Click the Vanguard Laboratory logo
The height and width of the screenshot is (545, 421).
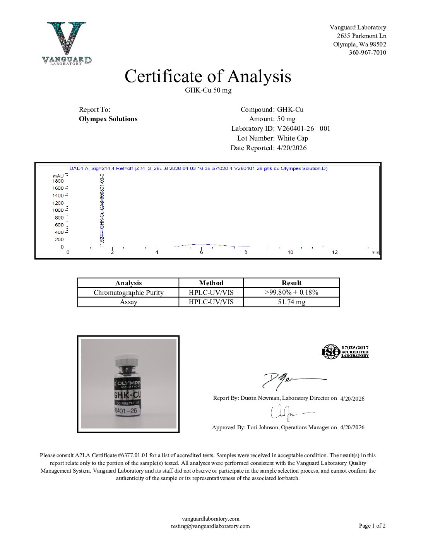tap(67, 43)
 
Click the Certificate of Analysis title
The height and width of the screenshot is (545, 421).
tap(208, 76)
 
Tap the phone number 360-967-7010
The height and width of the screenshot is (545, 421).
tap(367, 53)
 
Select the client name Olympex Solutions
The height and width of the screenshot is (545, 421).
tap(108, 119)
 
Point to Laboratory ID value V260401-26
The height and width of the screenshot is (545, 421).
tap(296, 129)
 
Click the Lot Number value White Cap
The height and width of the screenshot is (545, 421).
tap(293, 138)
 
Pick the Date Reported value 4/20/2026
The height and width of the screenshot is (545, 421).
tap(292, 148)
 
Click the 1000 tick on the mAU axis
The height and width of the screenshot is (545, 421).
tap(58, 210)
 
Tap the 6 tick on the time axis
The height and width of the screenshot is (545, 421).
tap(201, 252)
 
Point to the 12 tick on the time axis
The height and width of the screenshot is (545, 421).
tap(335, 252)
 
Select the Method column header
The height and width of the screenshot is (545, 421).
tap(211, 283)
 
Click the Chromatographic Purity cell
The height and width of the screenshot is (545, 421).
tap(128, 293)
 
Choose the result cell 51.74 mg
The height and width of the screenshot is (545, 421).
tap(291, 302)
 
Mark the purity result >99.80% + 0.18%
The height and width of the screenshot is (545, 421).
tap(291, 293)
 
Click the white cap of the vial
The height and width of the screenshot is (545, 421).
tap(127, 358)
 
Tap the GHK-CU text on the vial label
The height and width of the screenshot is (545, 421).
tap(127, 395)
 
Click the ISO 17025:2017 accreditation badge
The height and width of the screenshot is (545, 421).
tap(345, 352)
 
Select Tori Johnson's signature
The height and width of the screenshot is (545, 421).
tap(288, 413)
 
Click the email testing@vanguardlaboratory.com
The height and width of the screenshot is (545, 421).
tap(210, 526)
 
